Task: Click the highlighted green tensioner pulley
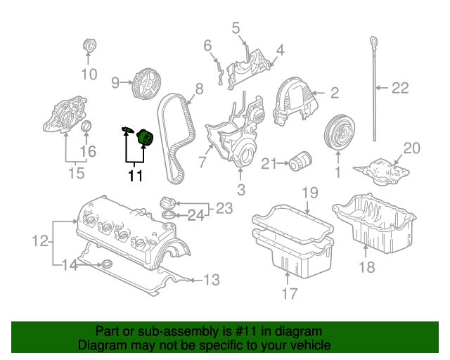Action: pos(146,138)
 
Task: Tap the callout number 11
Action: pos(135,175)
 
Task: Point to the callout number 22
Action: pos(400,88)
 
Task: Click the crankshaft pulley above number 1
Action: pos(339,131)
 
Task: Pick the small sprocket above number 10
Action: pos(89,46)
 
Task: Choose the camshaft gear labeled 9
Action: pos(146,84)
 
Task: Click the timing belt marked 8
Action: pos(176,138)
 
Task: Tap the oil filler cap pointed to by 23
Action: pos(167,203)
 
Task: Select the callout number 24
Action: pos(195,215)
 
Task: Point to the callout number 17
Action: pos(289,293)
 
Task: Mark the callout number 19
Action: pos(310,193)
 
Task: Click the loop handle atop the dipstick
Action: pos(373,42)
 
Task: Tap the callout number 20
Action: pos(412,148)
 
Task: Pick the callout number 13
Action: pos(212,280)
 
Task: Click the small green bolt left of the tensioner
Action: pos(127,129)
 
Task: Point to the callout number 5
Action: pos(236,28)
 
